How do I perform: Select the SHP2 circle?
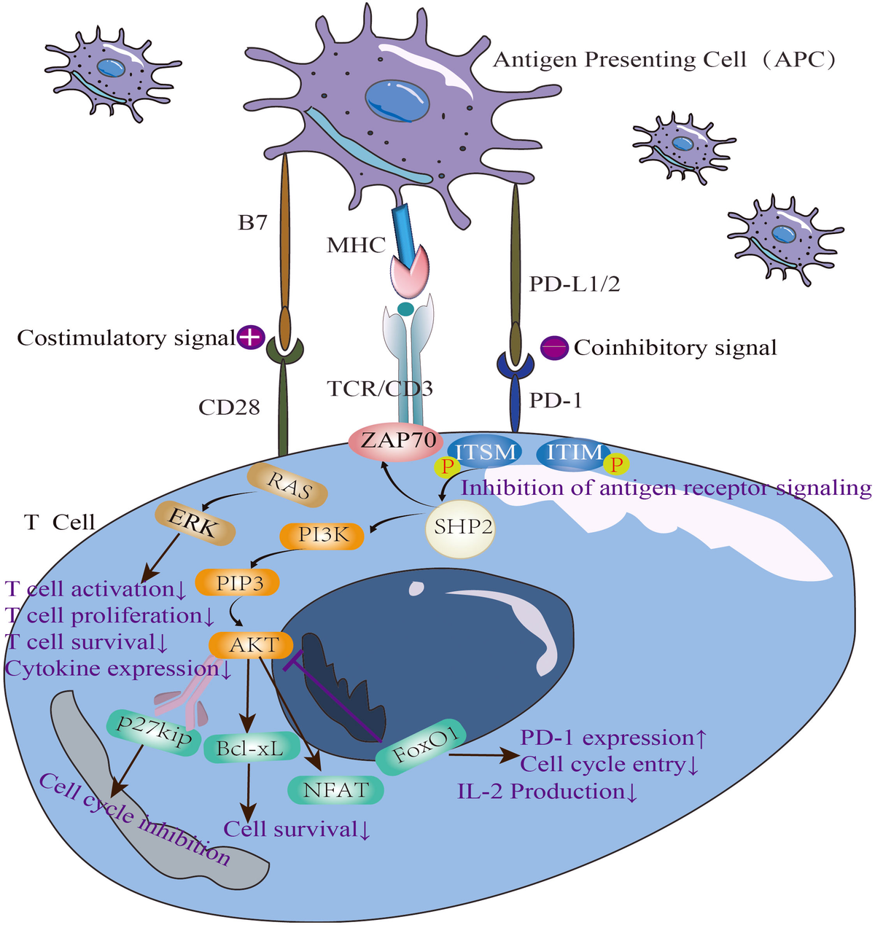[x=462, y=526]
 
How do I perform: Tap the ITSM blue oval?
[x=486, y=452]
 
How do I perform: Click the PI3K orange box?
[x=322, y=536]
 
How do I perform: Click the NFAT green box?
[x=336, y=789]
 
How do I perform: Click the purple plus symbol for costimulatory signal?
[x=250, y=337]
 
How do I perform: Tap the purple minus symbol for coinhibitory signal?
[x=554, y=348]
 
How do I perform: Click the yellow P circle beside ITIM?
[x=617, y=464]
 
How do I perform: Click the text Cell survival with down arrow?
[x=297, y=829]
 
